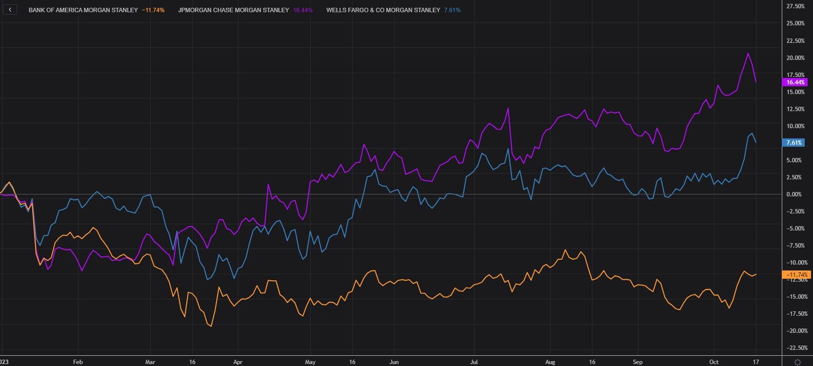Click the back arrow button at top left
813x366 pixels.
pyautogui.click(x=10, y=10)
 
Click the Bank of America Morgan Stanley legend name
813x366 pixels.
pyautogui.click(x=83, y=10)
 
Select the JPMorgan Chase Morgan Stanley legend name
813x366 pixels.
pyautogui.click(x=234, y=10)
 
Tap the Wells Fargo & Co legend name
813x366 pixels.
pyautogui.click(x=383, y=10)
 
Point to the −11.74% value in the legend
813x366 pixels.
pyautogui.click(x=153, y=10)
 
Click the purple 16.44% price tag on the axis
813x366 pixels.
pyautogui.click(x=795, y=82)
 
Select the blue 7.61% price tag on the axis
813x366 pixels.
pyautogui.click(x=794, y=143)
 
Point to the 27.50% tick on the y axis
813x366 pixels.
pyautogui.click(x=795, y=6)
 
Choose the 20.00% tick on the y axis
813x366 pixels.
pyautogui.click(x=795, y=58)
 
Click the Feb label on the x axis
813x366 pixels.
pyautogui.click(x=78, y=362)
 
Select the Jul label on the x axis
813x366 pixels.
pyautogui.click(x=473, y=362)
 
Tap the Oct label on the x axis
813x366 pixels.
pyautogui.click(x=714, y=362)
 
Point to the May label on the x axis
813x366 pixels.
pyautogui.click(x=310, y=362)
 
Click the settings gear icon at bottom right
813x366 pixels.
pyautogui.click(x=797, y=362)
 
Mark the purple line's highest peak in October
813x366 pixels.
pyautogui.click(x=748, y=53)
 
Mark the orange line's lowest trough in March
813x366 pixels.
pyautogui.click(x=211, y=326)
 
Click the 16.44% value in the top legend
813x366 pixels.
pyautogui.click(x=303, y=10)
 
